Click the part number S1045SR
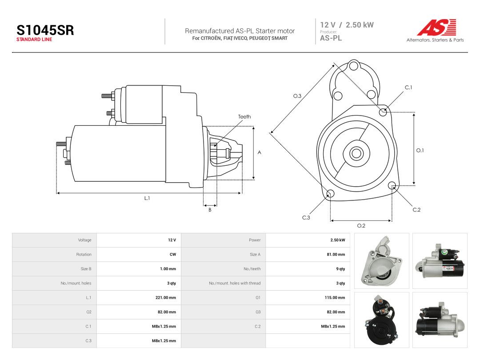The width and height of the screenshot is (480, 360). (x=45, y=30)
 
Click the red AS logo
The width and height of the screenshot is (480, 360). (x=437, y=27)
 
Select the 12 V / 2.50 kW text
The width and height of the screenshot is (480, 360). (x=347, y=25)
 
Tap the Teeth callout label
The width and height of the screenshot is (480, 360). (x=244, y=116)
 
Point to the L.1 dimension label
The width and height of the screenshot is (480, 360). (x=147, y=198)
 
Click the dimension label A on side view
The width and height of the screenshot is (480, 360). (x=259, y=152)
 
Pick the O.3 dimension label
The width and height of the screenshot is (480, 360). (x=297, y=96)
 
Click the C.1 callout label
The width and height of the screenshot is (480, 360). (x=408, y=88)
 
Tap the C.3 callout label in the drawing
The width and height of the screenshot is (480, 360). (x=306, y=218)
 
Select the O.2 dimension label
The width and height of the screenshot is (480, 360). (x=361, y=226)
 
